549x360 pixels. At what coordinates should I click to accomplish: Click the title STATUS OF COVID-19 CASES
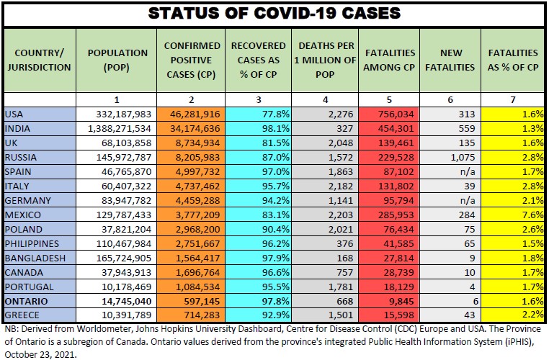[x=274, y=14]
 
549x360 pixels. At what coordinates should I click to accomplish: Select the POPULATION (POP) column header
[x=117, y=60]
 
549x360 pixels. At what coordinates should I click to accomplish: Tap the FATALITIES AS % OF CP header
[x=513, y=60]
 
